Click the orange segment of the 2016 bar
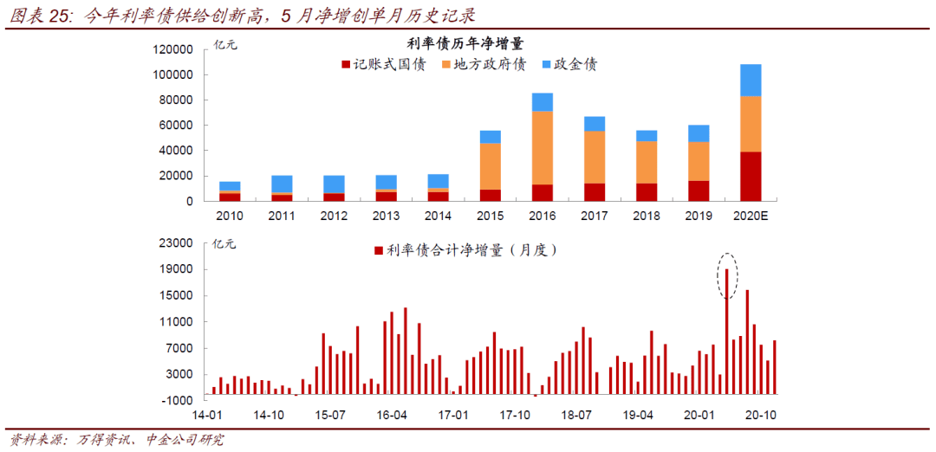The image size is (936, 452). [543, 147]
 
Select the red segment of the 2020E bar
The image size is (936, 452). [751, 177]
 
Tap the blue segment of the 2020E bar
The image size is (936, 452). [751, 81]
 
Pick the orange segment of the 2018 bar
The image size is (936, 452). [647, 162]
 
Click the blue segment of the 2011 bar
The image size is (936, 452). [282, 184]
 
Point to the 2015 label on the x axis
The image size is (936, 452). [491, 216]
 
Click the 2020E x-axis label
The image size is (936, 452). [751, 216]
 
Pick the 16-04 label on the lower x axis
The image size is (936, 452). [393, 415]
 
